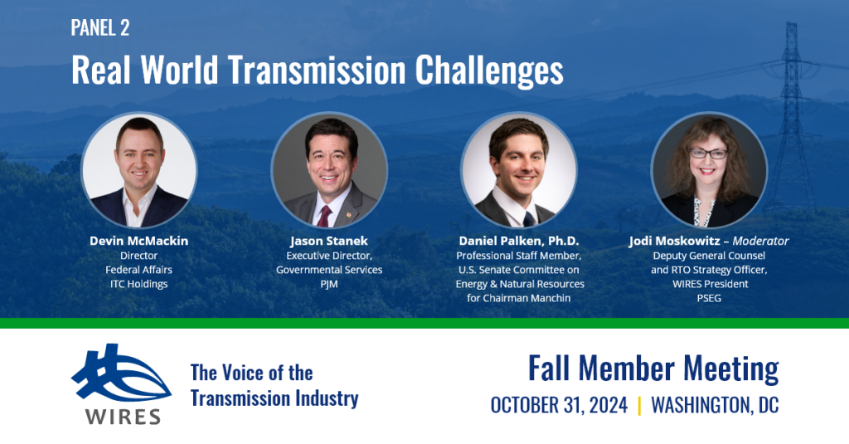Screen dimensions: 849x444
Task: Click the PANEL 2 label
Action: [100, 27]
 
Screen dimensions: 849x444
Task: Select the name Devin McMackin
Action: [139, 241]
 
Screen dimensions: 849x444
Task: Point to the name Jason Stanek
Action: [328, 241]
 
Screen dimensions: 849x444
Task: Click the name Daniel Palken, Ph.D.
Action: [519, 241]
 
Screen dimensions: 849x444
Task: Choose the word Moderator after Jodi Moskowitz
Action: [760, 241]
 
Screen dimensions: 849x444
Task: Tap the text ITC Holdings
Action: [139, 284]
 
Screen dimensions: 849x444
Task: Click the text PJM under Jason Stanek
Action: [328, 284]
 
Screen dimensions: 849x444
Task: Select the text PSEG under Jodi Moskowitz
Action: [709, 298]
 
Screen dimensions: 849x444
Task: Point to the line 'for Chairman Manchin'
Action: [519, 298]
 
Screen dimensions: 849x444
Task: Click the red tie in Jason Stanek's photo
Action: [324, 216]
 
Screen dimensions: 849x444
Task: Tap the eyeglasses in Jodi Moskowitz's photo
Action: [708, 154]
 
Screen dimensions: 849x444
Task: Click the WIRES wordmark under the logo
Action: [123, 417]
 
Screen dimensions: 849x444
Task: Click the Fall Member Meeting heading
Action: [653, 368]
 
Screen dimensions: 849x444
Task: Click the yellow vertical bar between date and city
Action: [639, 406]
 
